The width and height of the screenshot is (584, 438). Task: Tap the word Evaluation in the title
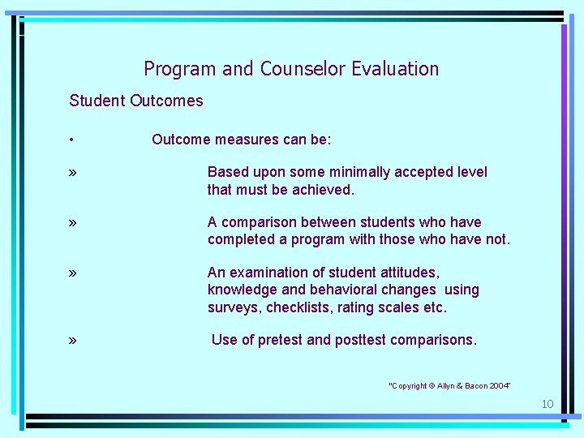point(395,69)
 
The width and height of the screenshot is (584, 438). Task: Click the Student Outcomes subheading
point(136,101)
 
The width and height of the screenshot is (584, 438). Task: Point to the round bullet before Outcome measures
point(72,140)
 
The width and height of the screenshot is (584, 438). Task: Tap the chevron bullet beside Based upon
point(73,173)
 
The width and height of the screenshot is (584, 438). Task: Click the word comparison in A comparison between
point(259,222)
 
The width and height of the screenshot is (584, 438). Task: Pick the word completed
point(242,239)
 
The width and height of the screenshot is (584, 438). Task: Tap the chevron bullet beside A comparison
point(73,223)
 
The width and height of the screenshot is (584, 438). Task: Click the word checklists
point(298,307)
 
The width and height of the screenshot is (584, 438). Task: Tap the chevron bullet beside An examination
point(73,273)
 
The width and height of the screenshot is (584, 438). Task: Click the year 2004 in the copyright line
point(497,385)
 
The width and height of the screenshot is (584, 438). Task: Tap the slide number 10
point(547,404)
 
